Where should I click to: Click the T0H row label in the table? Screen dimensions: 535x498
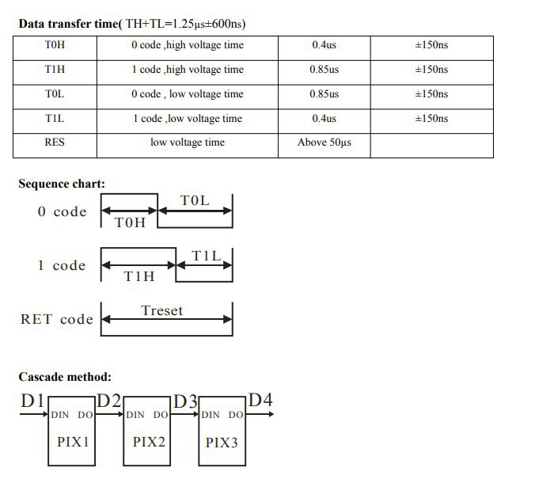(x=55, y=44)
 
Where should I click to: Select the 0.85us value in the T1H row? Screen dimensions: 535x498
(x=324, y=70)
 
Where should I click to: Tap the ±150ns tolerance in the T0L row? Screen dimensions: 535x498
(x=431, y=94)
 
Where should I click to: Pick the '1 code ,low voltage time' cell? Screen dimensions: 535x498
(x=188, y=119)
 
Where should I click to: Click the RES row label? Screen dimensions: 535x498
(x=55, y=142)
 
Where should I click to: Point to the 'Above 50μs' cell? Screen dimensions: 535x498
(x=324, y=143)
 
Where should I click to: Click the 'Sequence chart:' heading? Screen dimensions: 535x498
(x=62, y=184)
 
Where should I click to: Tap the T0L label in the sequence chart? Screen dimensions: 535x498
(x=195, y=200)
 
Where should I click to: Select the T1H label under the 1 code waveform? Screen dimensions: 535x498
(x=138, y=276)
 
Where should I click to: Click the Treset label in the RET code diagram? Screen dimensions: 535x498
(x=162, y=310)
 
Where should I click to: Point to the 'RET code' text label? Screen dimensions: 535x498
(x=57, y=320)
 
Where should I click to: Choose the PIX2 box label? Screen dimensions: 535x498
(x=149, y=442)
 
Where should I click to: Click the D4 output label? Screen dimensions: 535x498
(x=260, y=400)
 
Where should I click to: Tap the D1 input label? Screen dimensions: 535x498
(x=32, y=401)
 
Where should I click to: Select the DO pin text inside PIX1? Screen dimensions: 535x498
(x=85, y=415)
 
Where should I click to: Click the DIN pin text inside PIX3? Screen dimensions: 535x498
(x=211, y=415)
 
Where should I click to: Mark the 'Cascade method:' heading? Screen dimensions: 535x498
(x=65, y=377)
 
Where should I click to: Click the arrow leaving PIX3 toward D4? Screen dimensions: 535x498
(x=260, y=414)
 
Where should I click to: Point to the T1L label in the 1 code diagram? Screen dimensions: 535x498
(x=207, y=256)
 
